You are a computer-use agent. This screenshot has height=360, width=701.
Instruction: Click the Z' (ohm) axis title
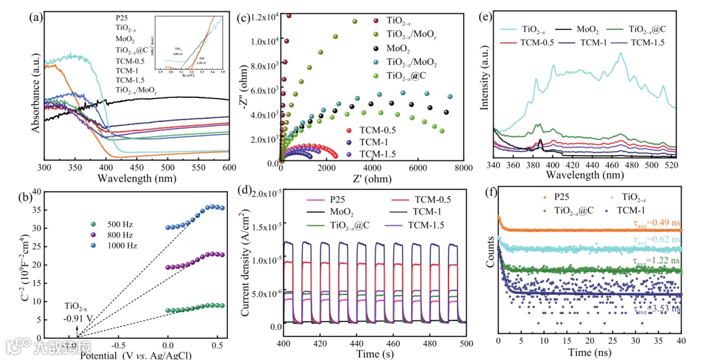[x=370, y=179]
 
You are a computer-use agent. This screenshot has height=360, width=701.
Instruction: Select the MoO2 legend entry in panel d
[x=325, y=213]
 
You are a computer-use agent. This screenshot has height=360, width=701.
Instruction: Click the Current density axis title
[x=246, y=262]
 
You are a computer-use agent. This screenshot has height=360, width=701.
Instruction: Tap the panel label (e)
[x=484, y=18]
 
